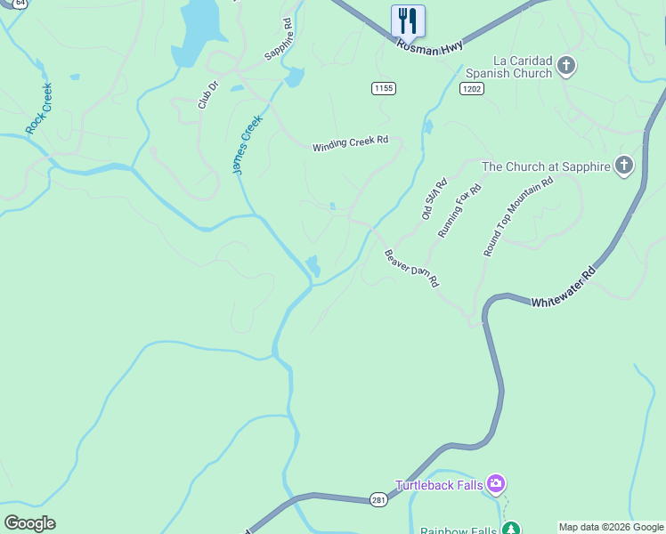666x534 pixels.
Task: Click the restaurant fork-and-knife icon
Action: coord(408,20)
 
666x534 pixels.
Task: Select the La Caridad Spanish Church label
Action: coord(508,67)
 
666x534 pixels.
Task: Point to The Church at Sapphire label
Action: coord(545,166)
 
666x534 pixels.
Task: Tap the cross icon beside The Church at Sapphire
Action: coord(624,165)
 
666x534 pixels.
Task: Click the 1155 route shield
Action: coord(384,88)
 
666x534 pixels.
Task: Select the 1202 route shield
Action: coord(472,89)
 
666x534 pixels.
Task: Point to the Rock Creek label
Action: coord(38,109)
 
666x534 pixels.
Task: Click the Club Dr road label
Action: coord(207,95)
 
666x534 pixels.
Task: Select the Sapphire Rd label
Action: coord(278,39)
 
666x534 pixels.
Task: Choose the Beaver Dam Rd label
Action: coord(411,267)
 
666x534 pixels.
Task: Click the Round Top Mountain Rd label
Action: coord(517,217)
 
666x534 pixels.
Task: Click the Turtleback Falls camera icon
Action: coord(496,484)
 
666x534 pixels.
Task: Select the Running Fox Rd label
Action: coord(459,211)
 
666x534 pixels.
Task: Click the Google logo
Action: coord(29,523)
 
